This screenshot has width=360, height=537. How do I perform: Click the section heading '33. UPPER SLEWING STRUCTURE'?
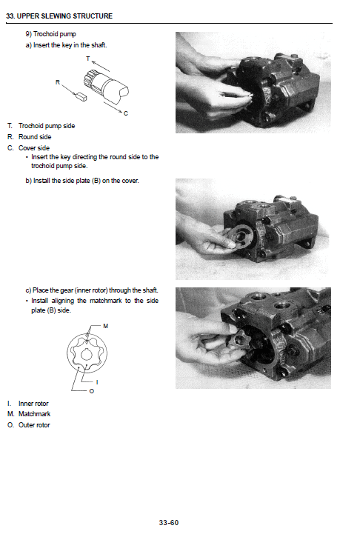(x=60, y=16)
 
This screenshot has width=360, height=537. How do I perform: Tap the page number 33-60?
(x=169, y=522)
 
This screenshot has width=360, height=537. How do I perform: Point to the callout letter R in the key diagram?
(x=57, y=82)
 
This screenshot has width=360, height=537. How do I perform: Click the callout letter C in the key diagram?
(x=125, y=114)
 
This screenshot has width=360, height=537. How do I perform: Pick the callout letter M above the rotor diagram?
(x=105, y=325)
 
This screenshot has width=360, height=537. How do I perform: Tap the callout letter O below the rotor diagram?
(x=91, y=391)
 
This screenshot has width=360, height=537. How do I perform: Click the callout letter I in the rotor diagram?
(x=99, y=381)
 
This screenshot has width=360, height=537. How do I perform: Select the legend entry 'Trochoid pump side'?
(x=46, y=126)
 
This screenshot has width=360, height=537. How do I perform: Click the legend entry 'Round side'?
(x=34, y=136)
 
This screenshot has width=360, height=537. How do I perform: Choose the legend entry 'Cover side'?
(x=33, y=147)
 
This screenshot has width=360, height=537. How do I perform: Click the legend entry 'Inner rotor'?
(x=34, y=404)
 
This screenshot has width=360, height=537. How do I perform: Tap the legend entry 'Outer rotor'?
(x=34, y=424)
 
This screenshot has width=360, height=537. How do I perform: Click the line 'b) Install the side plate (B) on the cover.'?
(x=81, y=181)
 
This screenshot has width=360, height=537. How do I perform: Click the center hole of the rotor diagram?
(x=87, y=358)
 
